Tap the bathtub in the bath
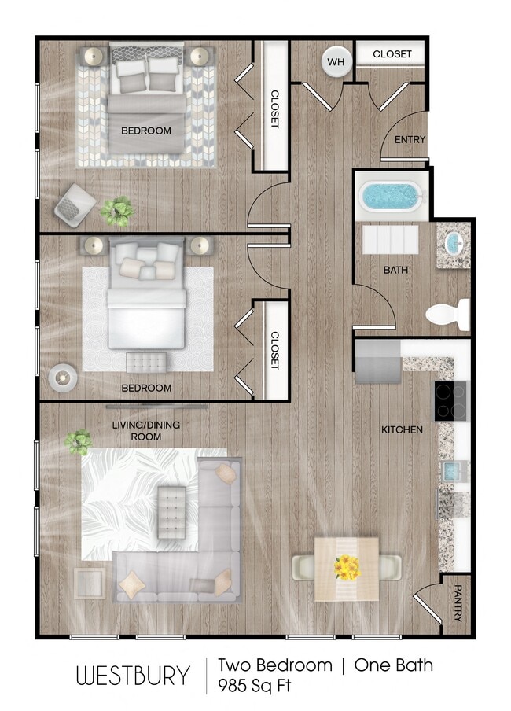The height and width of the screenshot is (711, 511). [391, 196]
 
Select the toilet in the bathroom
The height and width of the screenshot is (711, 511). [447, 315]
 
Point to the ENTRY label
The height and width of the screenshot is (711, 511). [410, 140]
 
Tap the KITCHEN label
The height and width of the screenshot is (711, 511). [402, 430]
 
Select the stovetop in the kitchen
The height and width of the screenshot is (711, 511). [450, 400]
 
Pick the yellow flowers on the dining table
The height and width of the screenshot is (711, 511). [347, 565]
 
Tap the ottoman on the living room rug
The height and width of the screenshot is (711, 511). [171, 512]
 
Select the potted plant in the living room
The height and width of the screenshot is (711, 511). [78, 441]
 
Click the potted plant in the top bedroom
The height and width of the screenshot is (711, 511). [116, 209]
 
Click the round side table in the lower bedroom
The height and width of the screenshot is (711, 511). [63, 377]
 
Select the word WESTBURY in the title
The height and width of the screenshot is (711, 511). [133, 676]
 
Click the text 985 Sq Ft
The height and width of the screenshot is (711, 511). [254, 686]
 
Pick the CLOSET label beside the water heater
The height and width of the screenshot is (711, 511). [392, 54]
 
